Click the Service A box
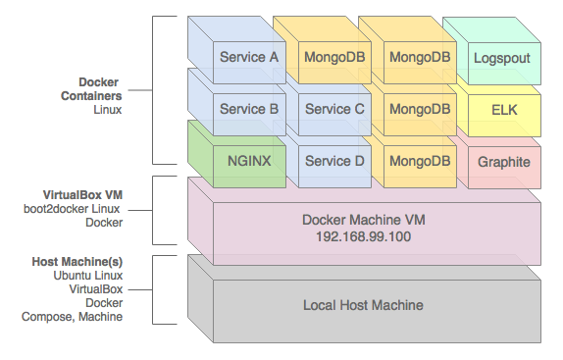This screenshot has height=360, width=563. [248, 57]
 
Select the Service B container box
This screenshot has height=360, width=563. [248, 109]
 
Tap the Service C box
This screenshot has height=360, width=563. [334, 109]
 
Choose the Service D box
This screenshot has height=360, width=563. [334, 161]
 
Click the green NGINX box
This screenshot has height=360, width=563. [248, 161]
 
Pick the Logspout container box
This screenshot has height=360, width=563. [502, 58]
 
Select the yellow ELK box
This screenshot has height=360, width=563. [503, 110]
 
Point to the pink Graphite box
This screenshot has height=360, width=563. [503, 162]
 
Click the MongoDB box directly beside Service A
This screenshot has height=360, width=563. [334, 57]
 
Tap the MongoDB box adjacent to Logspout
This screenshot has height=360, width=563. [420, 57]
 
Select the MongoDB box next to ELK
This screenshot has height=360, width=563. [420, 109]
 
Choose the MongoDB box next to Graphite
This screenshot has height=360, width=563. [420, 161]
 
